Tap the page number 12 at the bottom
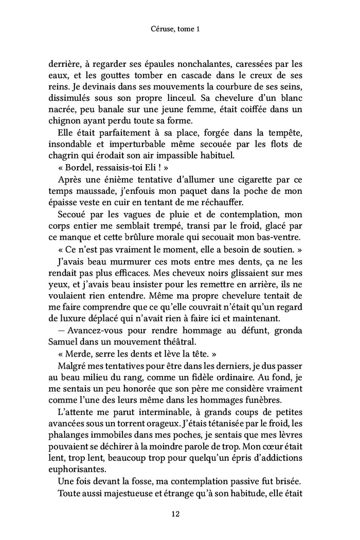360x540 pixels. click(x=179, y=513)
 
